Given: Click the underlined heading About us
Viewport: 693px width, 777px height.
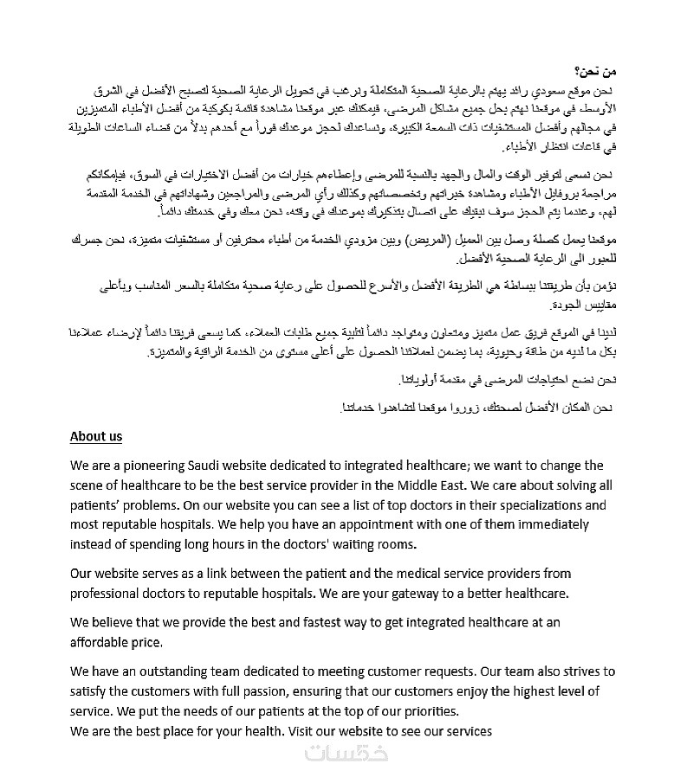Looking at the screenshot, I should (x=96, y=437).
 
